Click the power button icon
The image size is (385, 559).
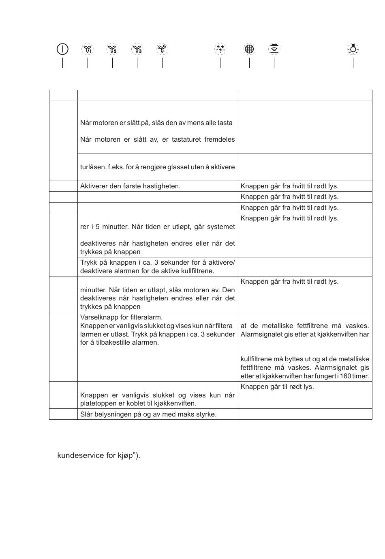point(62,49)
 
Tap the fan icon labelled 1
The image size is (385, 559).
point(88,49)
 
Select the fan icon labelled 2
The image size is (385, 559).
point(112,49)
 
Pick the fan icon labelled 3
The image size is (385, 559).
point(137,49)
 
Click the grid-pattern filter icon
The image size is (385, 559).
point(249,49)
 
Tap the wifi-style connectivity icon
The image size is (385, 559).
point(274,49)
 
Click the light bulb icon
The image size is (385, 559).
point(353,49)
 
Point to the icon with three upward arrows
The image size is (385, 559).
point(220,49)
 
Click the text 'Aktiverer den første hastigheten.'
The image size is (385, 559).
point(130,186)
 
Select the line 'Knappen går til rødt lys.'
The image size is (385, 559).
point(277,386)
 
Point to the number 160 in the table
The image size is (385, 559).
point(345,376)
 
